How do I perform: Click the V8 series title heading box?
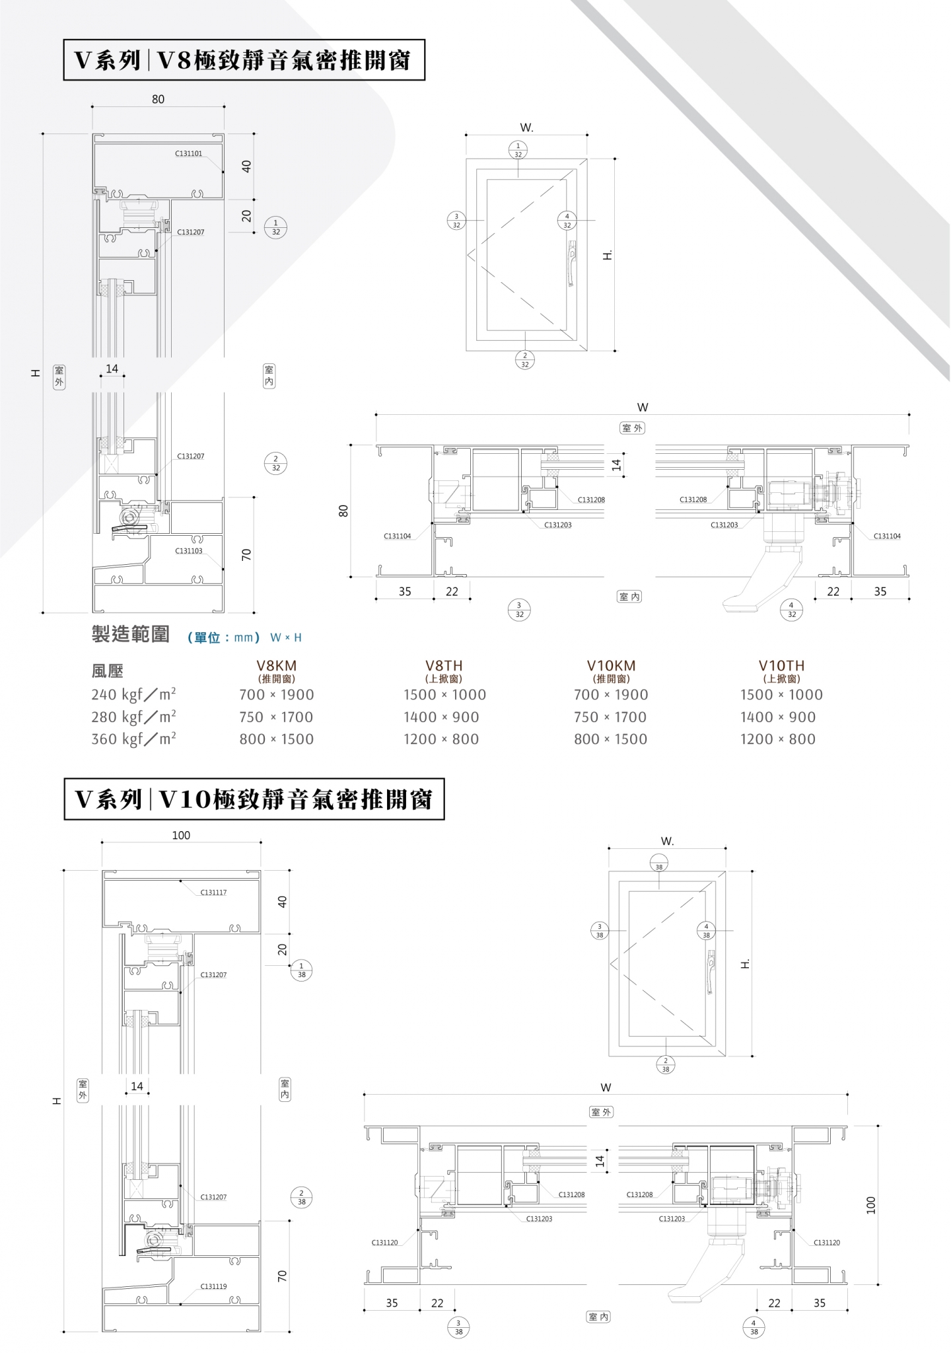[x=244, y=60]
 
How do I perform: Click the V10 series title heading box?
[x=254, y=799]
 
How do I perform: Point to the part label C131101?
[x=188, y=153]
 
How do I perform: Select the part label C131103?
[x=189, y=551]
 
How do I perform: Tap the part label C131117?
[x=213, y=893]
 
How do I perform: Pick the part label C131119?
[x=213, y=1286]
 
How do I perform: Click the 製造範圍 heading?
[x=130, y=635]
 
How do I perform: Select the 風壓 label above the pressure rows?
[x=108, y=671]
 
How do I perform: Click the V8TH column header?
[x=444, y=666]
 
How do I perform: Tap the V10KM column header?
[x=611, y=666]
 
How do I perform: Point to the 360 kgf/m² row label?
[x=133, y=739]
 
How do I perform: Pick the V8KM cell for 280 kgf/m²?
[x=276, y=717]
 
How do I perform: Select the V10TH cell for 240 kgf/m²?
[x=781, y=694]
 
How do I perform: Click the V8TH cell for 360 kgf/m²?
[x=441, y=739]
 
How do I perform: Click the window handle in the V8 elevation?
[x=571, y=263]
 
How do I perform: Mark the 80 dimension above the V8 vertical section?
[x=158, y=100]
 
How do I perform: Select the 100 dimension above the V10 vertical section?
[x=181, y=836]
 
